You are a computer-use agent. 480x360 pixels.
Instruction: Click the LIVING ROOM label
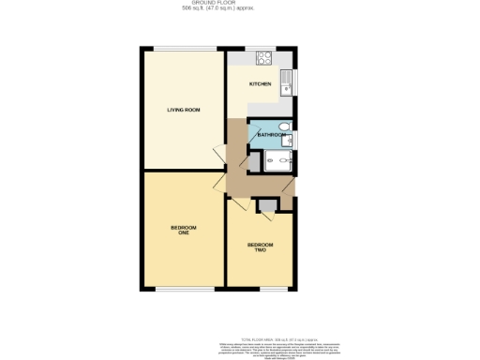[184, 111]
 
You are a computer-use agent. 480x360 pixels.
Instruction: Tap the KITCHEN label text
[260, 84]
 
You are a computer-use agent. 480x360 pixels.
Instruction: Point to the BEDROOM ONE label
[183, 231]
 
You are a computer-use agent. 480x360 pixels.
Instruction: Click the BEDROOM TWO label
[259, 247]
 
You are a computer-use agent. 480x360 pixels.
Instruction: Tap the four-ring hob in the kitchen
[263, 58]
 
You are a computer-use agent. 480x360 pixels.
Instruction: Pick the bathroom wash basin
[289, 141]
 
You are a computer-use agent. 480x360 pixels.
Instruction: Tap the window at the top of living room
[184, 49]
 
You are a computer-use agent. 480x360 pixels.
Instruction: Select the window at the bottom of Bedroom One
[182, 289]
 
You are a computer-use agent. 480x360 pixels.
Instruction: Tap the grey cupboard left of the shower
[254, 163]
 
